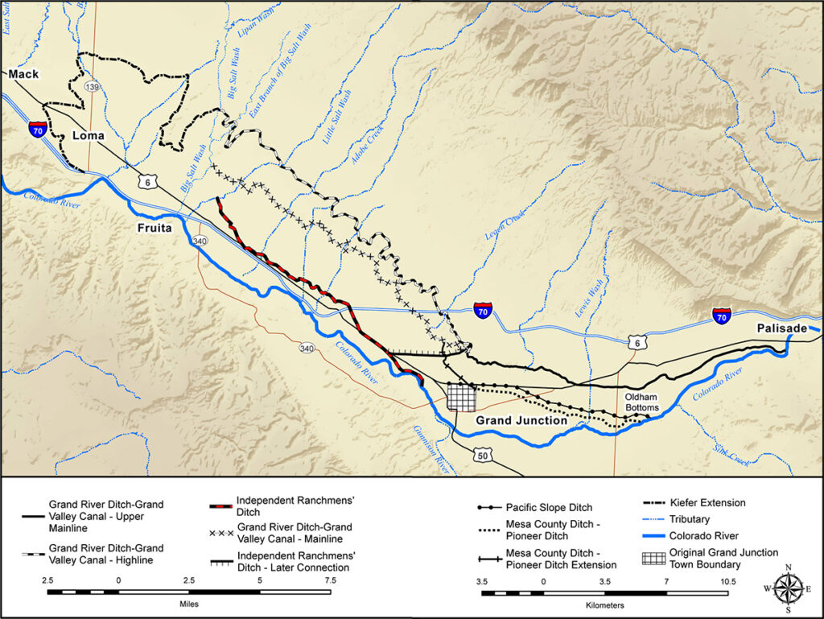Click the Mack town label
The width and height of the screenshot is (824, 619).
coord(23,74)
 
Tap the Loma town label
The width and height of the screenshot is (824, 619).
coord(89,135)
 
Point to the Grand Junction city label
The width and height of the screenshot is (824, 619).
coord(521,420)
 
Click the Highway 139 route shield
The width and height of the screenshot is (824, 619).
coord(94,86)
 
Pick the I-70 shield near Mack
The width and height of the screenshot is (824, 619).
coord(37,129)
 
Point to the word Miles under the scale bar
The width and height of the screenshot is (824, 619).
coord(188,603)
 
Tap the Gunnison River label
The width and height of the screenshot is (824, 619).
coord(432,448)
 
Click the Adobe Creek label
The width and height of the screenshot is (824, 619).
coord(365,144)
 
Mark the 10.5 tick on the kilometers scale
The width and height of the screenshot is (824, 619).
coord(727,580)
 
